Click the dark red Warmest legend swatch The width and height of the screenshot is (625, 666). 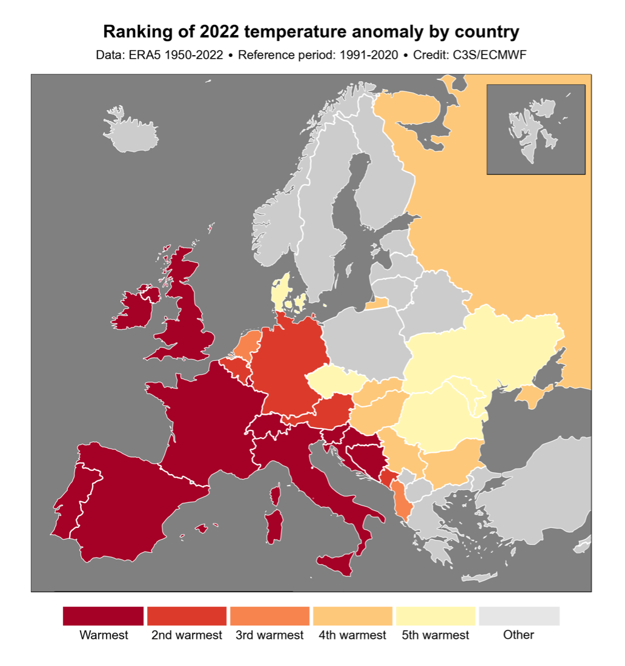pyautogui.click(x=103, y=616)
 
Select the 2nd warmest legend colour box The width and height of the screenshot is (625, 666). pyautogui.click(x=187, y=616)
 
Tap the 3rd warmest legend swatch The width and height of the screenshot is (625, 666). pyautogui.click(x=270, y=616)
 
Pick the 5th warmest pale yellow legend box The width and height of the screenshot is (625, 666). pyautogui.click(x=435, y=616)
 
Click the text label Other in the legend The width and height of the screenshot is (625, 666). pyautogui.click(x=518, y=635)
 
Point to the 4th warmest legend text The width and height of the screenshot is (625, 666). pyautogui.click(x=352, y=635)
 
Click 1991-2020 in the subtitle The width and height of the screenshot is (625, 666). pyautogui.click(x=369, y=55)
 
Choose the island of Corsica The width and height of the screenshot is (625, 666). pyautogui.click(x=275, y=496)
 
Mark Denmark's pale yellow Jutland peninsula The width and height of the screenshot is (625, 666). pyautogui.click(x=279, y=291)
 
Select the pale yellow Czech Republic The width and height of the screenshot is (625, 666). pyautogui.click(x=334, y=382)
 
